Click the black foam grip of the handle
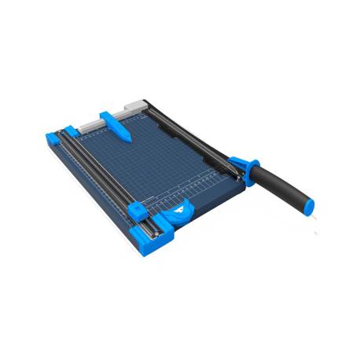[x=283, y=185]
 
